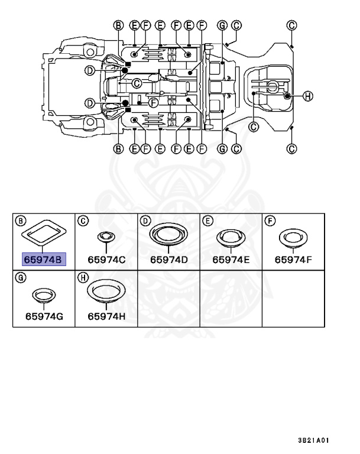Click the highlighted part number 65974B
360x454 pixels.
pyautogui.click(x=43, y=260)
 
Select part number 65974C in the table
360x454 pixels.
pyautogui.click(x=106, y=260)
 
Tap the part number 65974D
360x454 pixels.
pyautogui.click(x=169, y=260)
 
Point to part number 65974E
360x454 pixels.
pyautogui.click(x=231, y=260)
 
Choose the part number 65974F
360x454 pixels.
pyautogui.click(x=293, y=260)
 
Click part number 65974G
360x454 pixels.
pyautogui.click(x=44, y=316)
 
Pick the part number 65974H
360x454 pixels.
pyautogui.click(x=106, y=316)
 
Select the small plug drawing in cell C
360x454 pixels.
pyautogui.click(x=106, y=237)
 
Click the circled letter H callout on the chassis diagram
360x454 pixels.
pyautogui.click(x=307, y=96)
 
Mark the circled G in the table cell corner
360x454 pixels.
pyautogui.click(x=21, y=278)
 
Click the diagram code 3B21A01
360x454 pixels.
pyautogui.click(x=314, y=440)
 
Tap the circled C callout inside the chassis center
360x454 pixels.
pyautogui.click(x=137, y=84)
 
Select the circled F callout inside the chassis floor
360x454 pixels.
pyautogui.click(x=153, y=102)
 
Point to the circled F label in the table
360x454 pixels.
pyautogui.click(x=270, y=221)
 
